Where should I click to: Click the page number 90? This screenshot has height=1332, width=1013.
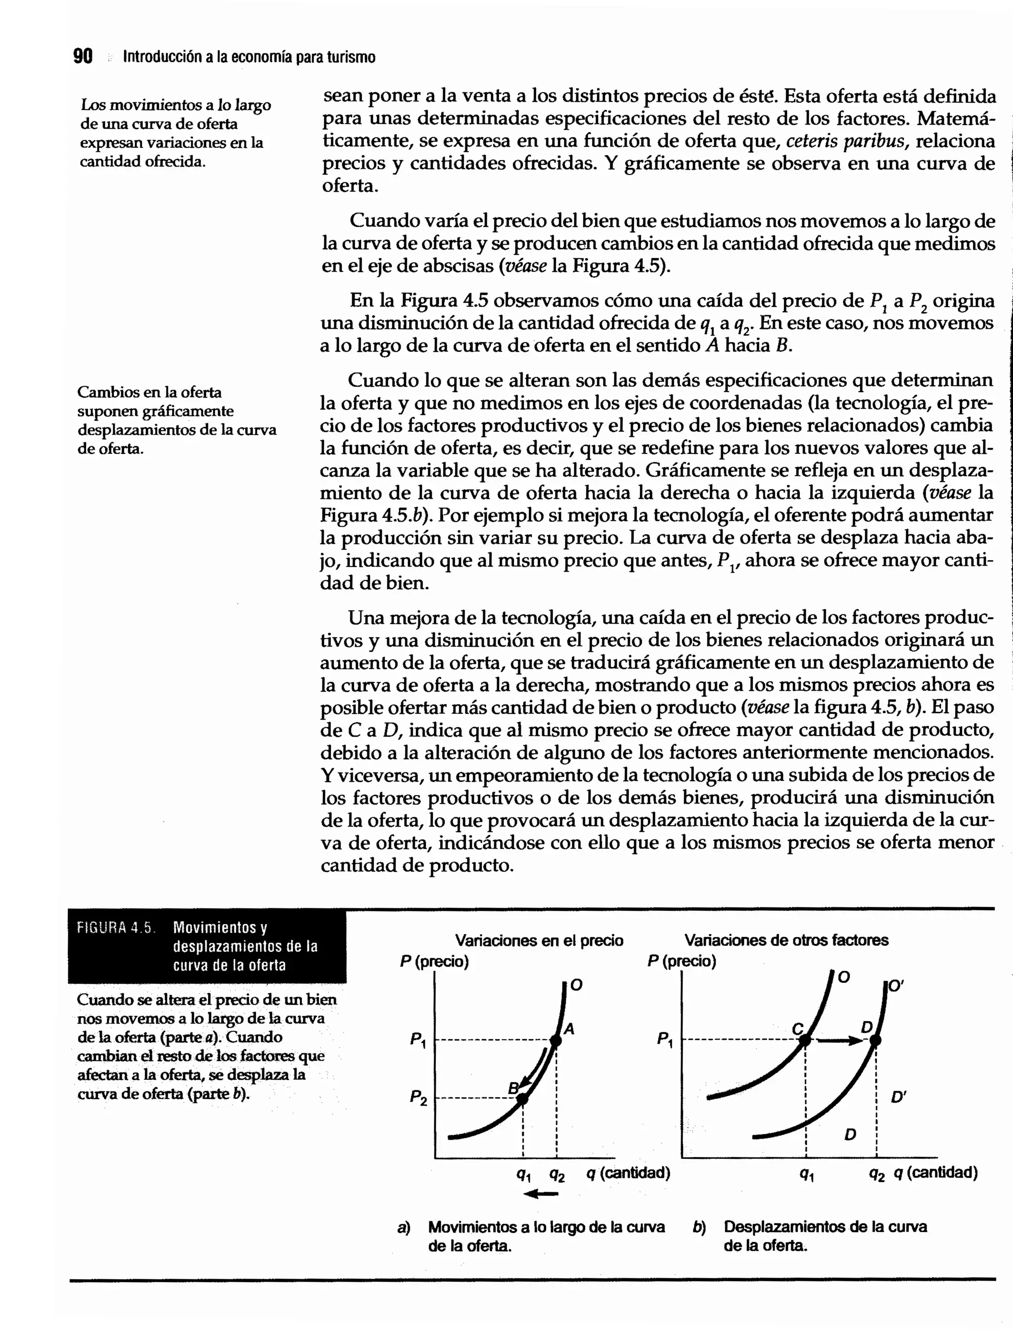pos(83,57)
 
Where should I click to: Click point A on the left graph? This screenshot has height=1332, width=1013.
pos(556,1040)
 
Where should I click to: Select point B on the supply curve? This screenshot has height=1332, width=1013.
pos(523,1099)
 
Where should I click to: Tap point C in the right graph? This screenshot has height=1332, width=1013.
pos(806,1040)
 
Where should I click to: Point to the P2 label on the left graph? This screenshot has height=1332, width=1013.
pos(418,1098)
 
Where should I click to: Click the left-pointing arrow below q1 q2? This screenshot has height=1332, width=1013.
pos(540,1194)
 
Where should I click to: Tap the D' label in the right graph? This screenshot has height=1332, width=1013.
pos(898,1098)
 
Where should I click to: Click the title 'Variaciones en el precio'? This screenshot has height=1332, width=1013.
pos(539,940)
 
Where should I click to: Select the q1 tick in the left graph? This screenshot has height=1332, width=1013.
pos(523,1174)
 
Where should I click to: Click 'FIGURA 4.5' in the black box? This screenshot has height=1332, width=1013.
pos(115,928)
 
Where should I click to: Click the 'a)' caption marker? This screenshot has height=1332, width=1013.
pos(404,1227)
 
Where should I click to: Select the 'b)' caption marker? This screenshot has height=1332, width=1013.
pos(699,1227)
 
